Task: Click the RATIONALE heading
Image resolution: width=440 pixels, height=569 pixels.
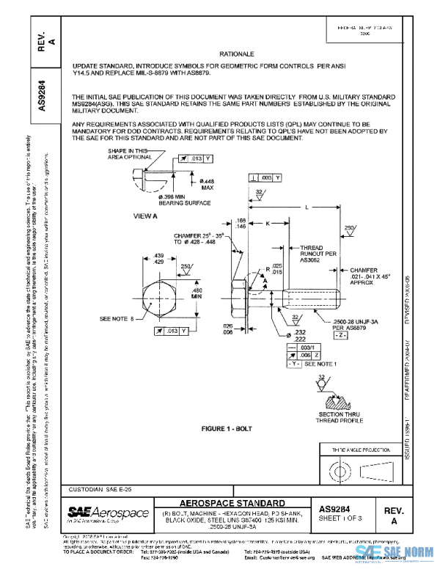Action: coord(236,54)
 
